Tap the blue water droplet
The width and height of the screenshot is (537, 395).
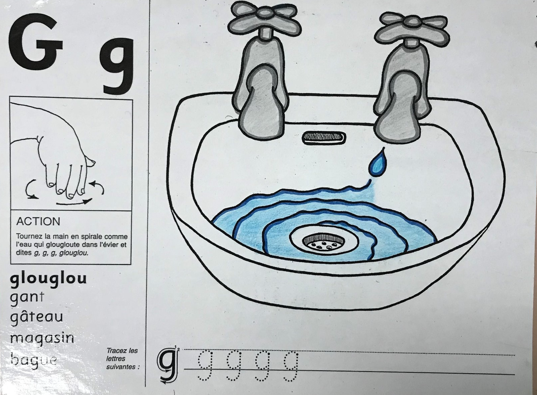[378, 163]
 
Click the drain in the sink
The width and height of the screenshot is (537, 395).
[324, 240]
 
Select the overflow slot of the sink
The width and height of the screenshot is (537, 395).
[324, 138]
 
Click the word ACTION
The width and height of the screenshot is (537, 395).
[38, 221]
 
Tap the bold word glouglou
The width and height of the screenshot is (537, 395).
[48, 278]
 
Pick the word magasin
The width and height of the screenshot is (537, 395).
[42, 338]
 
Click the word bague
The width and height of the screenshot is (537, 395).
[34, 359]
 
